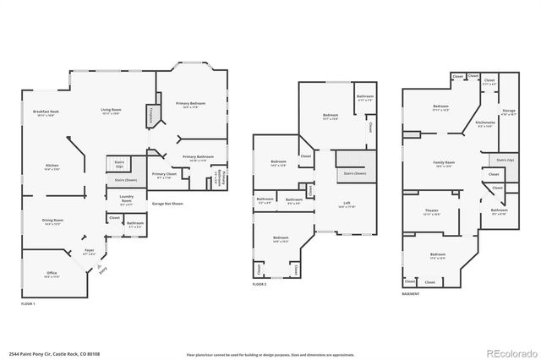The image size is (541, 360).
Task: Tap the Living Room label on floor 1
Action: click(x=112, y=110)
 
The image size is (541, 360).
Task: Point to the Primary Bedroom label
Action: click(x=191, y=104)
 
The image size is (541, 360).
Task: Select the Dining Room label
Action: click(x=53, y=221)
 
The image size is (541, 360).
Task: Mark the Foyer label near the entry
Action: click(x=89, y=252)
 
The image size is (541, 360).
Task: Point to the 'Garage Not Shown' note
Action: click(x=166, y=204)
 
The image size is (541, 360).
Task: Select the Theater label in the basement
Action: click(x=431, y=211)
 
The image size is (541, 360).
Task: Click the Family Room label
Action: click(x=444, y=162)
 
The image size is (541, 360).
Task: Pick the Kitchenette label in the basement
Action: click(x=484, y=123)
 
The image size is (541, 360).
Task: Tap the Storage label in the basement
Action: click(x=508, y=111)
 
